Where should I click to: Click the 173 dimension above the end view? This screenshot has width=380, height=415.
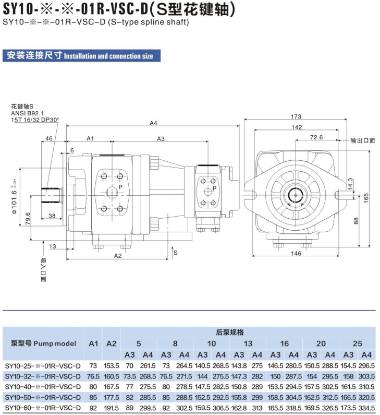(x=296, y=116)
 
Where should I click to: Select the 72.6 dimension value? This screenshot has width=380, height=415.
(x=316, y=137)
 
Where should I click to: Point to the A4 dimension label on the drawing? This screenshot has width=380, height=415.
(x=153, y=123)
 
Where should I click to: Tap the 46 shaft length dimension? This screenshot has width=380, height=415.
(x=49, y=138)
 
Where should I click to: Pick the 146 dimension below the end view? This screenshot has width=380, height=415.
(x=296, y=253)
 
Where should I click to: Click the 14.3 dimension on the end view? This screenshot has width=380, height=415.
(x=350, y=184)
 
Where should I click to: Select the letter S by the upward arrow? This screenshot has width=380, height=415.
(x=176, y=253)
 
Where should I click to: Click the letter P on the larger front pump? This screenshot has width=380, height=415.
(x=120, y=187)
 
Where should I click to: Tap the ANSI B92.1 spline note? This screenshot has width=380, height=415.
(x=28, y=113)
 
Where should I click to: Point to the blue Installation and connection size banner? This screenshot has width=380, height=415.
(x=82, y=55)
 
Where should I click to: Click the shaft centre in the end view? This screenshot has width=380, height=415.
(x=295, y=195)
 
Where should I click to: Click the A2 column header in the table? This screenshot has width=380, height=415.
(x=111, y=343)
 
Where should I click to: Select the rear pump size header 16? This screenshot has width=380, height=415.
(x=284, y=343)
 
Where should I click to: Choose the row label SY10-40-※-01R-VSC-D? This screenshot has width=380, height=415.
(x=43, y=387)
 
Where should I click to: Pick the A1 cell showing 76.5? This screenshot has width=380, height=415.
(x=93, y=376)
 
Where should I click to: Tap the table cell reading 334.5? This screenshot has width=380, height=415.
(x=366, y=408)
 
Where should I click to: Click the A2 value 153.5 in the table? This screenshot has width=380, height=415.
(x=111, y=366)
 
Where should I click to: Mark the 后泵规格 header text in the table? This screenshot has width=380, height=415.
(x=230, y=333)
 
